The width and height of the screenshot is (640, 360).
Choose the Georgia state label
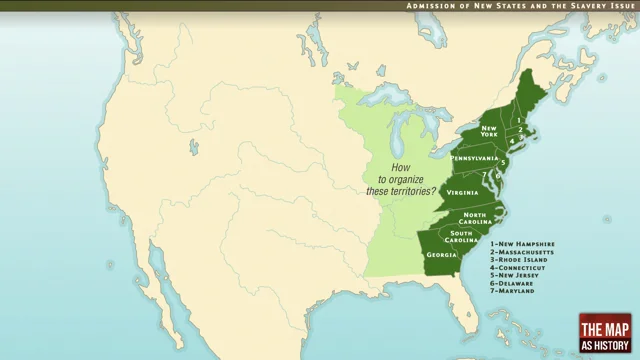[441, 254]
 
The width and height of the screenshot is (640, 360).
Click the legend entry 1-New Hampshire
[522, 243]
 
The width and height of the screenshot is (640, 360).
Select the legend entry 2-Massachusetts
[524, 251]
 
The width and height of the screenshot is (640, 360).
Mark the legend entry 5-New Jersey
[516, 275]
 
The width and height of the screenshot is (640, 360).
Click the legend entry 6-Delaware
[514, 283]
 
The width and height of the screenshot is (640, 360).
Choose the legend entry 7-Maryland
[514, 291]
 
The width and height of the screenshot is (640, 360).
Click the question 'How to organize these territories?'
[400, 179]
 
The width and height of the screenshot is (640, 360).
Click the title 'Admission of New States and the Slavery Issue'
[520, 6]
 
